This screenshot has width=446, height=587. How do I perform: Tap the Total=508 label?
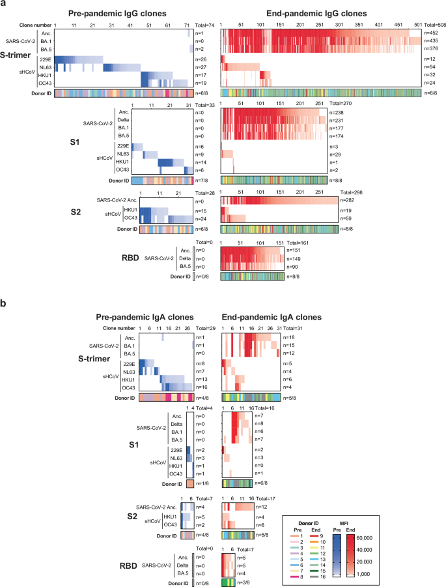(x=430, y=23)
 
